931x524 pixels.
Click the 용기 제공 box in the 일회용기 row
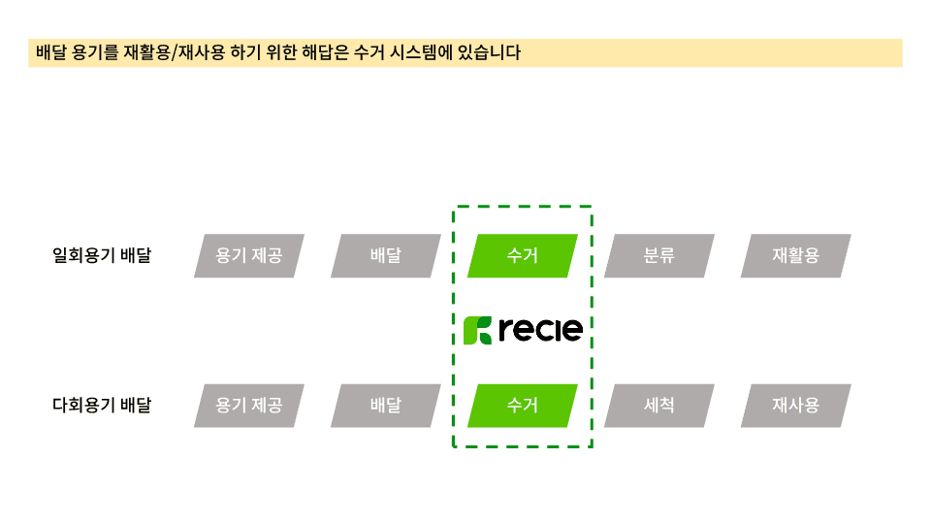[249, 256]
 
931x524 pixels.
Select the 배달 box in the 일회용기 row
[386, 256]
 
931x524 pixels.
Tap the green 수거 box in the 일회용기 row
[523, 256]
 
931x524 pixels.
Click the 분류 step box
[659, 256]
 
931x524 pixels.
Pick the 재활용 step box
[796, 256]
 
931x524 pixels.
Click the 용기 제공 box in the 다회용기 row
[249, 406]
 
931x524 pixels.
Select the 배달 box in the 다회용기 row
[386, 406]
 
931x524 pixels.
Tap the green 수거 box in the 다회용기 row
[523, 406]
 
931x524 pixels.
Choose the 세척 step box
[659, 406]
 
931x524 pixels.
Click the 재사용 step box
[796, 406]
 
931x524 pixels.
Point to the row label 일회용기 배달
[102, 256]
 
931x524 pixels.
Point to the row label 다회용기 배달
[102, 406]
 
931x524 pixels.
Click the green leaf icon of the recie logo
[477, 330]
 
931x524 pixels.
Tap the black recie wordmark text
[540, 330]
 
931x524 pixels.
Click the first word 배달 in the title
[49, 53]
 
